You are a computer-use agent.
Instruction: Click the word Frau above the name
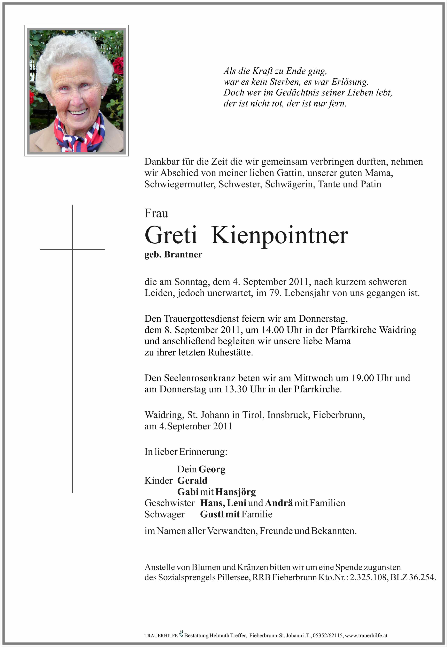pyautogui.click(x=156, y=214)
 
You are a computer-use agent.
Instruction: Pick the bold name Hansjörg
pyautogui.click(x=235, y=492)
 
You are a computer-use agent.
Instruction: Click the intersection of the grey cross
pyautogui.click(x=72, y=249)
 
